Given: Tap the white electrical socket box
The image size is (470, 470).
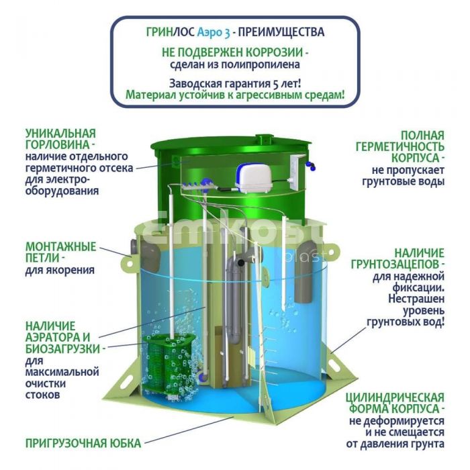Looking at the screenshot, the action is click(297, 173).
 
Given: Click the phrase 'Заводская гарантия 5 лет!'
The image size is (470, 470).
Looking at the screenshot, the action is click(235, 83).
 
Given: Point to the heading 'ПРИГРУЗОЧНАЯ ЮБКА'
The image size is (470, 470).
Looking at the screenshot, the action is click(83, 443).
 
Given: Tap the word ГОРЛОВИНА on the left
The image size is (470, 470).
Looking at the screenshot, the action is click(57, 144).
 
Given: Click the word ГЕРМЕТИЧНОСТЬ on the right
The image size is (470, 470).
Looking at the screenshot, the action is click(400, 146).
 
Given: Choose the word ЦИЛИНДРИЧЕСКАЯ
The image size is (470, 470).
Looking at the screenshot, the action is click(395, 397).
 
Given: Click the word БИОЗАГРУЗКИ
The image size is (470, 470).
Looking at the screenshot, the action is click(62, 349).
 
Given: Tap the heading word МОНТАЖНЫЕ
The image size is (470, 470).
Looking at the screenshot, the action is click(61, 246).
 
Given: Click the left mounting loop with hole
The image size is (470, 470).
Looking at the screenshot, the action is click(128, 264).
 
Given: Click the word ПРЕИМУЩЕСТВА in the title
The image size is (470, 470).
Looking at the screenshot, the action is click(281, 32).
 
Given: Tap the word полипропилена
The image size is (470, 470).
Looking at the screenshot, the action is click(261, 64).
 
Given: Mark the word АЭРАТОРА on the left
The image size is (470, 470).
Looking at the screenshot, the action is click(58, 337).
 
